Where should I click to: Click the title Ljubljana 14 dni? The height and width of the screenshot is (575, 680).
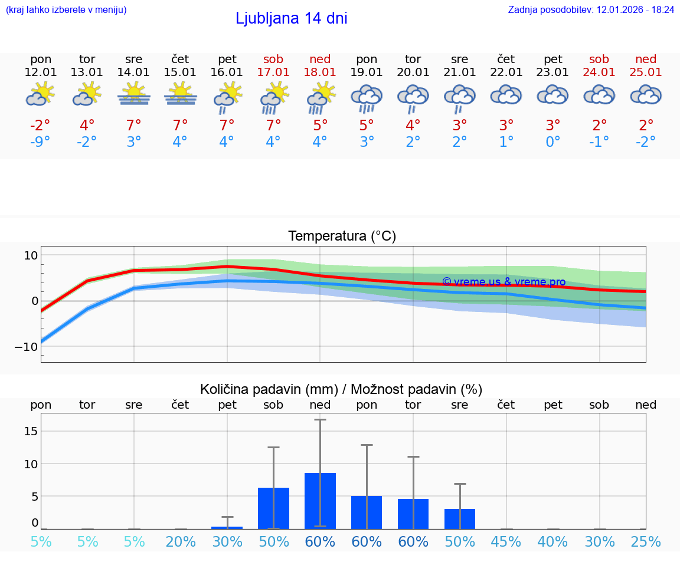coord(291,18)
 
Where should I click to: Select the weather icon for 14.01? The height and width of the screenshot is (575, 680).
coord(133,94)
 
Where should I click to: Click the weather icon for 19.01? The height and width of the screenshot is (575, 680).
coord(367,97)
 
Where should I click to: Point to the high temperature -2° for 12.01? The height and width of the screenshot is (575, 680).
coord(41,126)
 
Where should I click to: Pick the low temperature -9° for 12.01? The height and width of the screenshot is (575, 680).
coord(41,142)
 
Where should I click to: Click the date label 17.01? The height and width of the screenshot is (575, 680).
coord(273,72)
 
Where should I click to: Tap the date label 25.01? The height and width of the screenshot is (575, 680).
coord(646,72)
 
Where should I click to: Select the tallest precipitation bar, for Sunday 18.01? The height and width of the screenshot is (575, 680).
coord(320,501)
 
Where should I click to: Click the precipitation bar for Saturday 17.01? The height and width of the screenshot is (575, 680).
coord(273,508)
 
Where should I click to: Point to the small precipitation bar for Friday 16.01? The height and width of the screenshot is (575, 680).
coord(227,527)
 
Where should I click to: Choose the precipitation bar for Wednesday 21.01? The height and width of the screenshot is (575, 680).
coord(460,518)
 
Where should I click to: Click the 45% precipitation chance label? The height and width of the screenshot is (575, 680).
coord(506,542)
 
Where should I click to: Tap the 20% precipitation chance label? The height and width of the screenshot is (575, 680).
coord(180,542)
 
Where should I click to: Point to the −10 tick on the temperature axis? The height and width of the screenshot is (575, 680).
coord(27,346)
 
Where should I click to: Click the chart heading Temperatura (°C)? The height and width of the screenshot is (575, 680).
coord(342,236)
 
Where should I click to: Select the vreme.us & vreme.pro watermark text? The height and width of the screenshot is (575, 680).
coord(504,282)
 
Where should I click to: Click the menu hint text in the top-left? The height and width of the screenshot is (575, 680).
coord(66,10)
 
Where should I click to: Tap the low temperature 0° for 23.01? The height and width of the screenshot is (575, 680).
coord(552,142)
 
